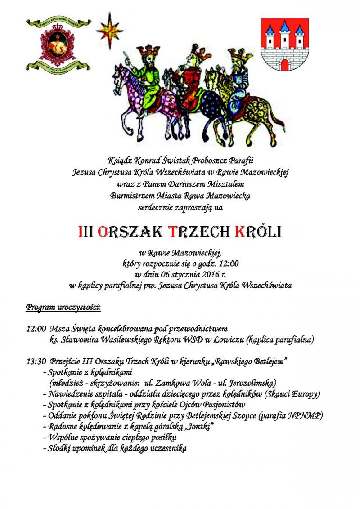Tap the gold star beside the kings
tap(109, 30)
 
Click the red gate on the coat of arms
tap(284, 64)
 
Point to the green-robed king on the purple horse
tap(145, 72)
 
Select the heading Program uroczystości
tap(63, 308)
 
